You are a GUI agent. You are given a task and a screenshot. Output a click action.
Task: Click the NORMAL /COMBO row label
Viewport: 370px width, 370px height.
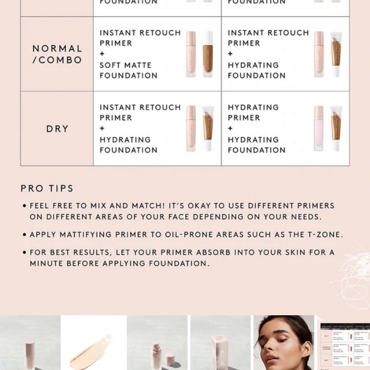click(57, 54)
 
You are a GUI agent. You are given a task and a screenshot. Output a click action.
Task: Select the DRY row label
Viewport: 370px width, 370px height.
click(57, 129)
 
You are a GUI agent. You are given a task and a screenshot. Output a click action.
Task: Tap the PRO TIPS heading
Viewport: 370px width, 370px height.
click(47, 188)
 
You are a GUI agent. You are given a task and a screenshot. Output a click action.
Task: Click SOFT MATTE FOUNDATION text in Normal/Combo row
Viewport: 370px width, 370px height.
click(128, 70)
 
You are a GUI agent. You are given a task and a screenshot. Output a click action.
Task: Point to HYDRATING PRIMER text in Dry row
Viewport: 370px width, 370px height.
click(253, 112)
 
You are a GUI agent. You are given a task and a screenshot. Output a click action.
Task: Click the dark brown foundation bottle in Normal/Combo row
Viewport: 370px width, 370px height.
click(208, 54)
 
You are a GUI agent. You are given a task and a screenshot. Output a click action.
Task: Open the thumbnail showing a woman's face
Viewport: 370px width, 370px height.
click(283, 343)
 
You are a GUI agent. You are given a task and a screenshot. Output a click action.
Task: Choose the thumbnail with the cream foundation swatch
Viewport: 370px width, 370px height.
click(93, 343)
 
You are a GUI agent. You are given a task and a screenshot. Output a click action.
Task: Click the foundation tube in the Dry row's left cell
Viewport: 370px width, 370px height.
click(208, 128)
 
